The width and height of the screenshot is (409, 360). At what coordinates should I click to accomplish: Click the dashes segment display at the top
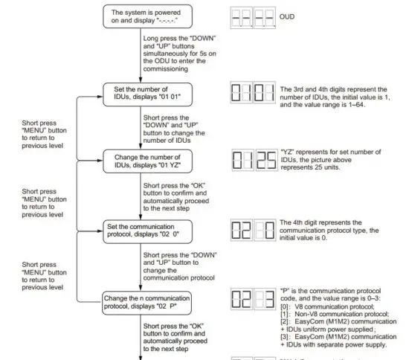click(254, 18)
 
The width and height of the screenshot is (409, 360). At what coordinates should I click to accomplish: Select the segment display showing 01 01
click(254, 94)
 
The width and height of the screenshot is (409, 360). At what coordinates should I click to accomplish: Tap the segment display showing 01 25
click(254, 161)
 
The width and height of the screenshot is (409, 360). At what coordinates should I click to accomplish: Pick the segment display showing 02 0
click(254, 228)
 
